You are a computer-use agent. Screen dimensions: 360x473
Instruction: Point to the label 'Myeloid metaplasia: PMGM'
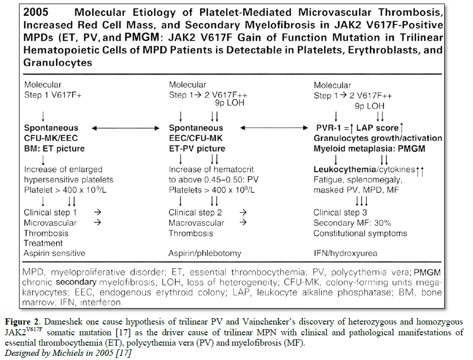[x=367, y=148]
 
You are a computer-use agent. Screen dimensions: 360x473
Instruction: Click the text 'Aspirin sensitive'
[x=54, y=253]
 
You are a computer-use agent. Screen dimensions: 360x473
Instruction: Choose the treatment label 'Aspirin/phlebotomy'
[x=205, y=253]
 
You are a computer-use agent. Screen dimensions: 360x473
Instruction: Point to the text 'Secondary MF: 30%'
[x=352, y=223]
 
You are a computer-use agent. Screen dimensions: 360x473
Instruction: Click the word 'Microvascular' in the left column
[x=50, y=223]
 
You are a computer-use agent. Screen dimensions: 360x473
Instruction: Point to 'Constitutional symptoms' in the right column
[x=360, y=233]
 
